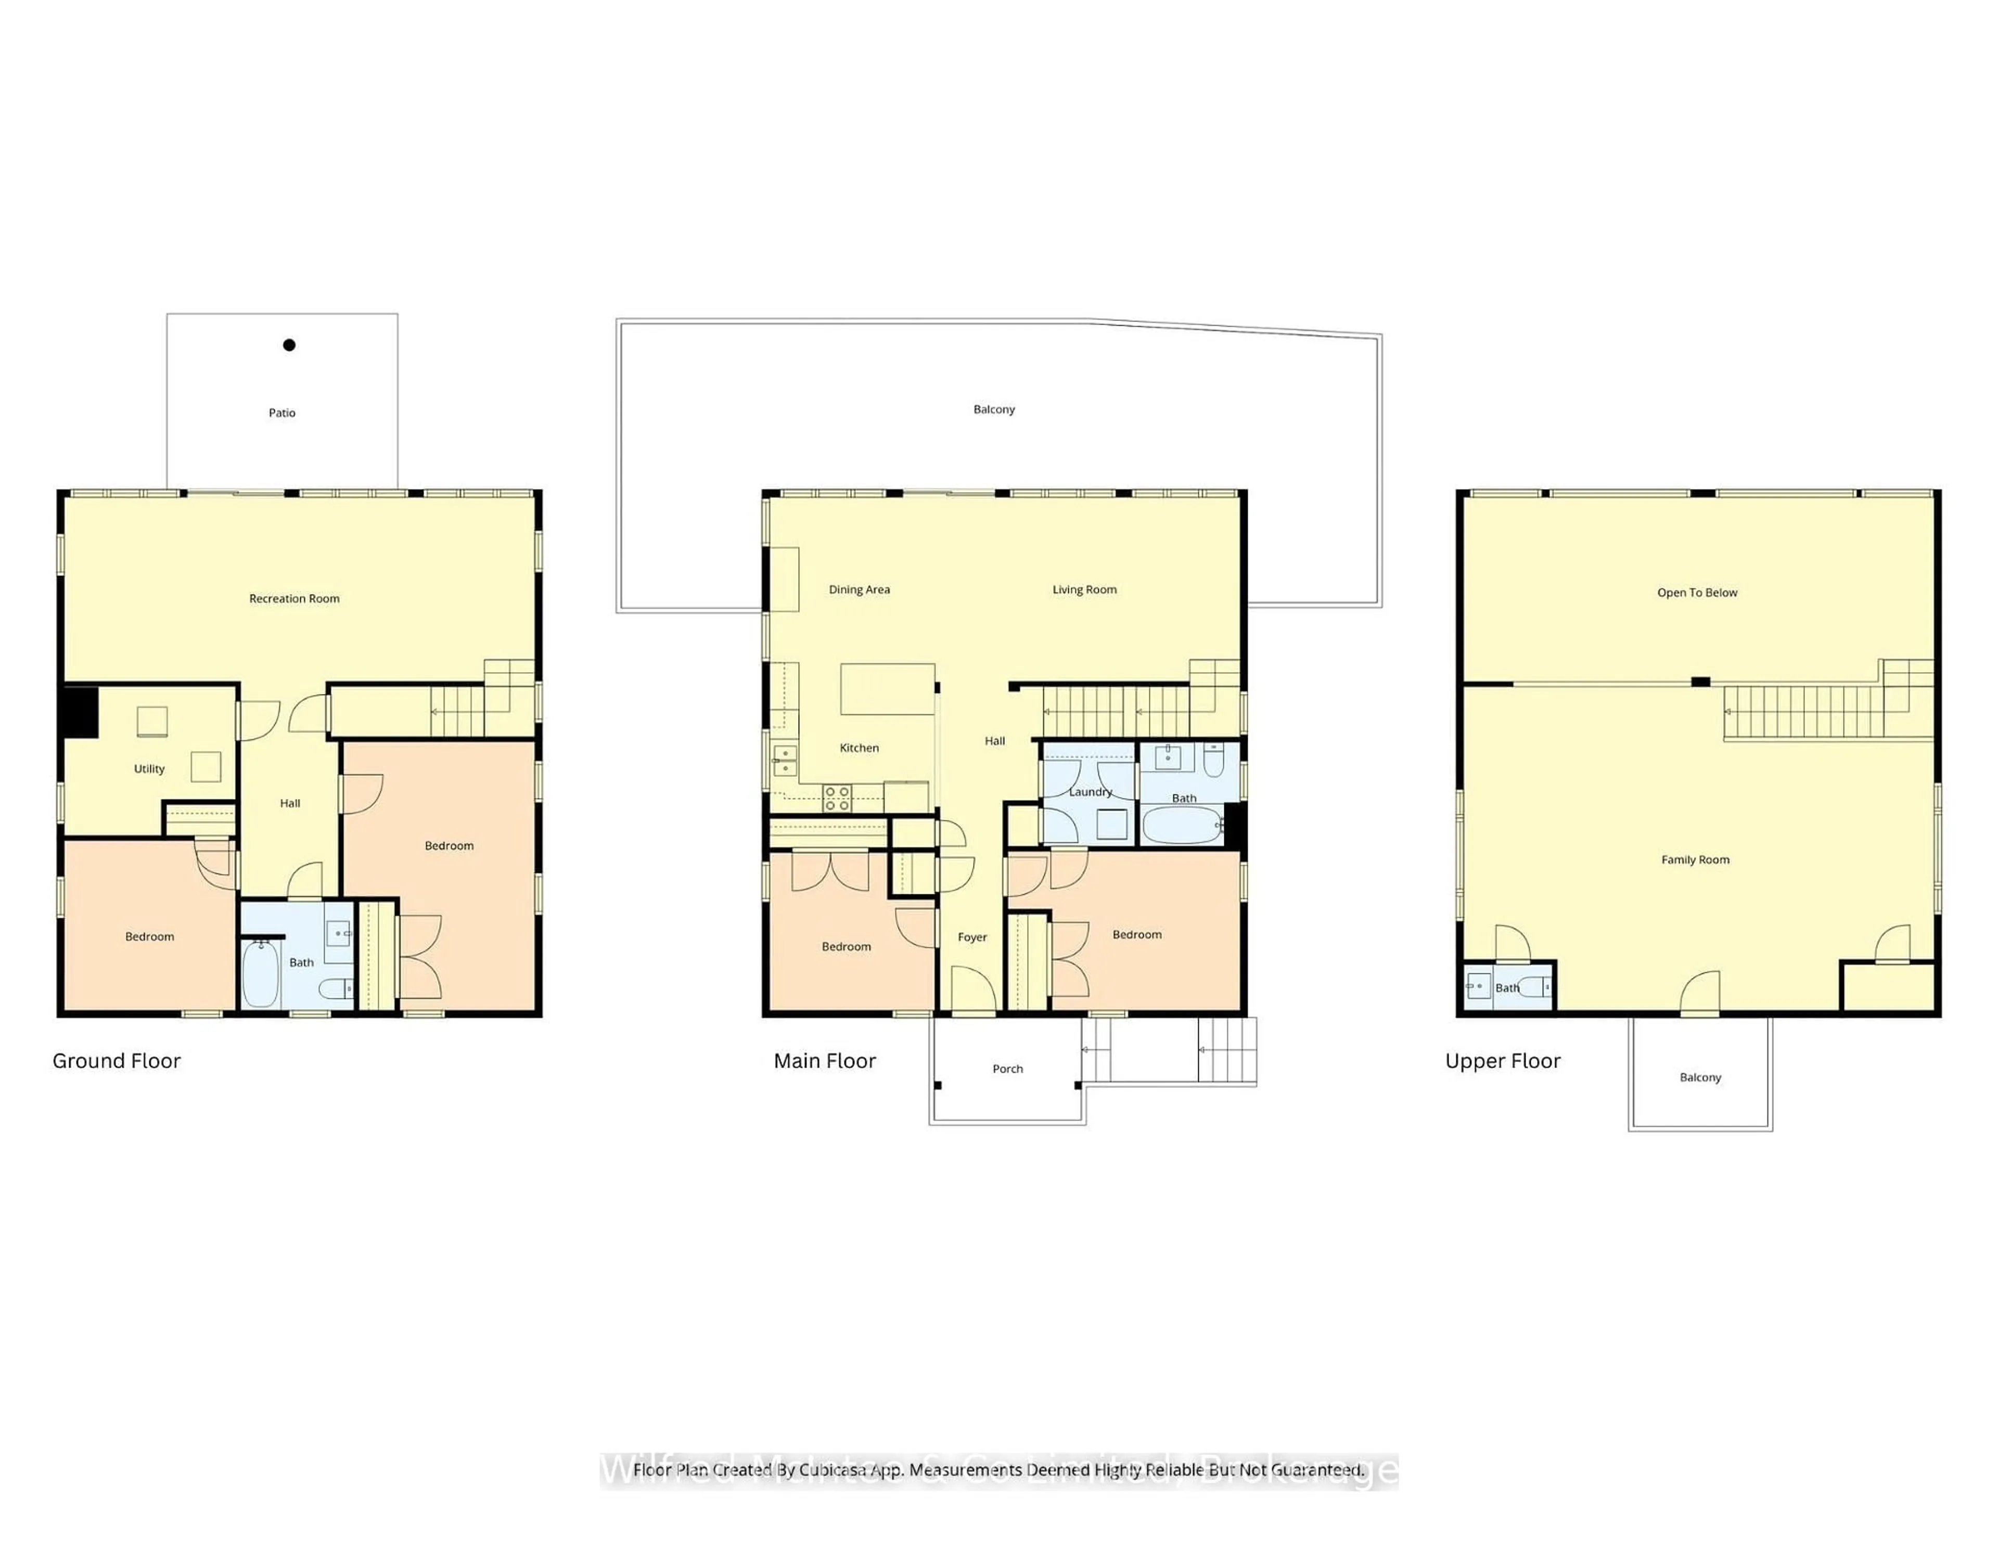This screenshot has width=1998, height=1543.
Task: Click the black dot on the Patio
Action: [x=289, y=345]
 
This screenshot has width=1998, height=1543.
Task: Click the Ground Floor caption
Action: [x=116, y=1061]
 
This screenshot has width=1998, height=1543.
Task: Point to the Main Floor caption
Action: [x=824, y=1061]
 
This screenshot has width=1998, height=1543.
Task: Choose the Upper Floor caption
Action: [x=1502, y=1061]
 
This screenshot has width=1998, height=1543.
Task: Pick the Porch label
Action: [x=1007, y=1069]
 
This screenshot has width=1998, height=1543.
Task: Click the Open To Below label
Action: [x=1697, y=593]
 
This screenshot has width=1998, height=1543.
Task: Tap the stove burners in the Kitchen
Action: [x=837, y=799]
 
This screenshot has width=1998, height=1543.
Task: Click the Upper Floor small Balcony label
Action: [x=1700, y=1077]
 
